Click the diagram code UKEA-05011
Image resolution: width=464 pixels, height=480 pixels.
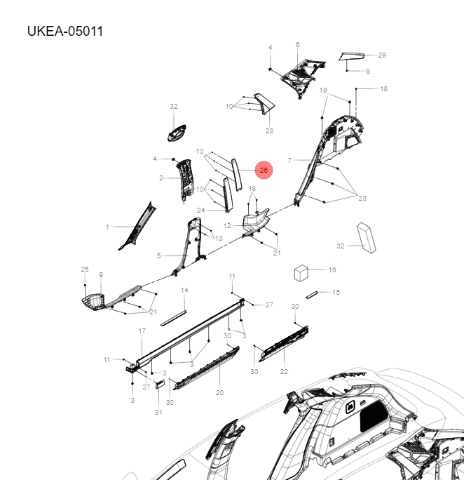pyautogui.click(x=65, y=32)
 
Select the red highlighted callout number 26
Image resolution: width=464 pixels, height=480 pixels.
pyautogui.click(x=264, y=171)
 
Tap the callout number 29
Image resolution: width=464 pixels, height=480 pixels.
pyautogui.click(x=382, y=55)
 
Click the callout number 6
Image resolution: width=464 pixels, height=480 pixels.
pyautogui.click(x=297, y=44)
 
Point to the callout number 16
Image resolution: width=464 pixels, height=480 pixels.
pyautogui.click(x=332, y=269)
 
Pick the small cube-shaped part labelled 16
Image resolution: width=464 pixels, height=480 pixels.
pyautogui.click(x=302, y=272)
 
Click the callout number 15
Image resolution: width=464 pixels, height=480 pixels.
pyautogui.click(x=336, y=293)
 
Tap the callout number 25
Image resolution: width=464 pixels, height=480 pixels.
pyautogui.click(x=85, y=269)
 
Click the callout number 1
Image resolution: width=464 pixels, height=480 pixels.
pyautogui.click(x=107, y=227)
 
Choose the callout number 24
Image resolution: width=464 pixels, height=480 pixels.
pyautogui.click(x=200, y=210)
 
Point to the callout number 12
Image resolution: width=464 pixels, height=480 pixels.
pyautogui.click(x=227, y=226)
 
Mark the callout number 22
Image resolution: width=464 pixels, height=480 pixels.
pyautogui.click(x=284, y=372)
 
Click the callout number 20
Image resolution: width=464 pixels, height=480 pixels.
pyautogui.click(x=219, y=392)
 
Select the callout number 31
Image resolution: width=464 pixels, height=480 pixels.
pyautogui.click(x=158, y=412)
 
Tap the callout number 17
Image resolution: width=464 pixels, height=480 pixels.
pyautogui.click(x=142, y=331)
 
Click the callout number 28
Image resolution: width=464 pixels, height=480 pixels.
pyautogui.click(x=268, y=131)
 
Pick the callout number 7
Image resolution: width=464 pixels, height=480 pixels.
pyautogui.click(x=289, y=160)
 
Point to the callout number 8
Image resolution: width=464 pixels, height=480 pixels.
pyautogui.click(x=368, y=72)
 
